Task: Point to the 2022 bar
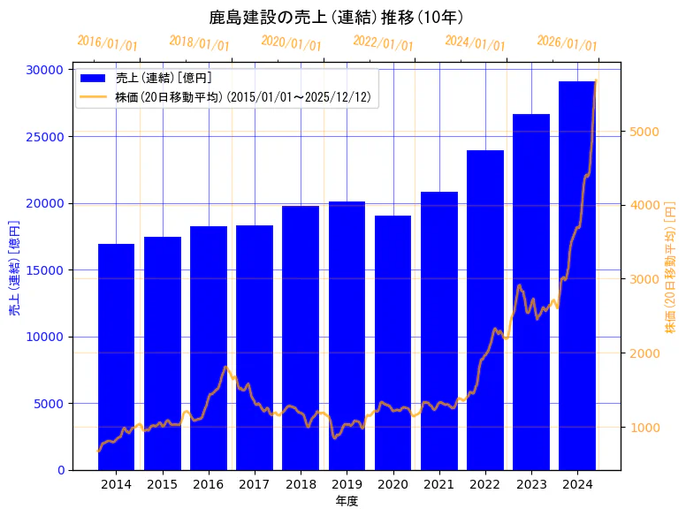pyautogui.click(x=485, y=310)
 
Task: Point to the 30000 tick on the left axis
pyautogui.click(x=43, y=70)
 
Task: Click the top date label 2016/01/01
pyautogui.click(x=107, y=43)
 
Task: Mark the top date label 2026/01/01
pyautogui.click(x=567, y=44)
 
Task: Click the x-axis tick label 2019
pyautogui.click(x=347, y=484)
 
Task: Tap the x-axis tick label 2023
pyautogui.click(x=531, y=484)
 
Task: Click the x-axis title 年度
pyautogui.click(x=347, y=501)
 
